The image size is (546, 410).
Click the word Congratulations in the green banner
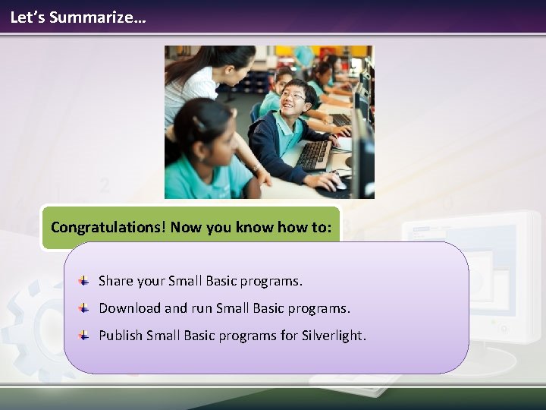108,227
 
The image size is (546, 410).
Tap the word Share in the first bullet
115,281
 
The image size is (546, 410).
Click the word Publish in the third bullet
121,336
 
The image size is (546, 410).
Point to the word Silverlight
334,336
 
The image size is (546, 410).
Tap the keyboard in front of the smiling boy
312,155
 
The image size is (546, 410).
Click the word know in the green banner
245,227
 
